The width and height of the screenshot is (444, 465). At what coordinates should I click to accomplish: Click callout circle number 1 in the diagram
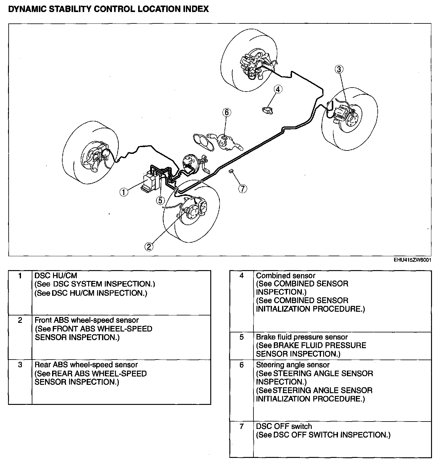[x=124, y=192]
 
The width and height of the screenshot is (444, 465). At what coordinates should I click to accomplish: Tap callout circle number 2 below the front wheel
[x=149, y=246]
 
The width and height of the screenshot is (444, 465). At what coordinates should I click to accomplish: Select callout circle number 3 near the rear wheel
[x=339, y=69]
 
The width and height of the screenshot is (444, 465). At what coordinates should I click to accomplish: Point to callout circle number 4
[x=278, y=89]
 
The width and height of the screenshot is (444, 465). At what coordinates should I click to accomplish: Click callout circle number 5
[x=160, y=200]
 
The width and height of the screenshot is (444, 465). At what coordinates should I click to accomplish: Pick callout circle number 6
[x=226, y=113]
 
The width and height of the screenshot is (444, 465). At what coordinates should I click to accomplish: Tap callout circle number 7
[x=243, y=188]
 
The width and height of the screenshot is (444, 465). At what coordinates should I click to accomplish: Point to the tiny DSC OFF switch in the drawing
[x=231, y=171]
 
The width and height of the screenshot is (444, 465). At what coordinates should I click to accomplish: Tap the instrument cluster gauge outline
[x=203, y=142]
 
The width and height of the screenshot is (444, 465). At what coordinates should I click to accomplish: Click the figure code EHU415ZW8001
[x=412, y=260]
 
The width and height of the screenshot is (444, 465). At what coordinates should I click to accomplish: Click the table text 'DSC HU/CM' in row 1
[x=56, y=275]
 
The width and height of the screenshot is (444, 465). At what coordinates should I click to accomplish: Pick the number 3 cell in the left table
[x=20, y=365]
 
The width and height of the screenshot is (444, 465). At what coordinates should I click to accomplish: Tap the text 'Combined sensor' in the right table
[x=286, y=276]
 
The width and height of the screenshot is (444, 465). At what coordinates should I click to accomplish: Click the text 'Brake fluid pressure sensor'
[x=302, y=337]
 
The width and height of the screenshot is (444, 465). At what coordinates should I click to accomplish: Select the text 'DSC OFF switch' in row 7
[x=284, y=426]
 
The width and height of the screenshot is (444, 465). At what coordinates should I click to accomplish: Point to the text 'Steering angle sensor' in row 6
[x=293, y=365]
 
